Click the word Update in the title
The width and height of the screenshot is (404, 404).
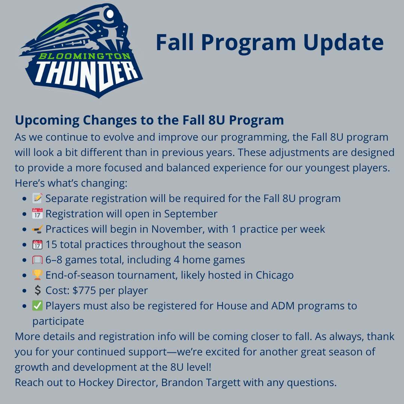343,43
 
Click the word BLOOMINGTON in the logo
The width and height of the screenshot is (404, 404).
85,56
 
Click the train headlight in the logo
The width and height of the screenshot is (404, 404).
110,14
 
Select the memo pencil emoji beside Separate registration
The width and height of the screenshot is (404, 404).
37,198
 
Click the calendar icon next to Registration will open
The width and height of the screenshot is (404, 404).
37,214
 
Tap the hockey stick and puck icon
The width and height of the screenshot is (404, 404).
37,229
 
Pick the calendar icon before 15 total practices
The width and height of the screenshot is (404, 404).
37,244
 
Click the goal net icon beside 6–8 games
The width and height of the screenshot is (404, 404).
37,260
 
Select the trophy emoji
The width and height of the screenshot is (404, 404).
37,275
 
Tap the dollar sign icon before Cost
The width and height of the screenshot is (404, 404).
38,290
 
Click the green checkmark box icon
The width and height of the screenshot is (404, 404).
37,306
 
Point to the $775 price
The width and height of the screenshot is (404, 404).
84,290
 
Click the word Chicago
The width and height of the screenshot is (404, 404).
275,275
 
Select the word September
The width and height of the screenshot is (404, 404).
191,214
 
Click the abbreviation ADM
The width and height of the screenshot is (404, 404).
283,306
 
